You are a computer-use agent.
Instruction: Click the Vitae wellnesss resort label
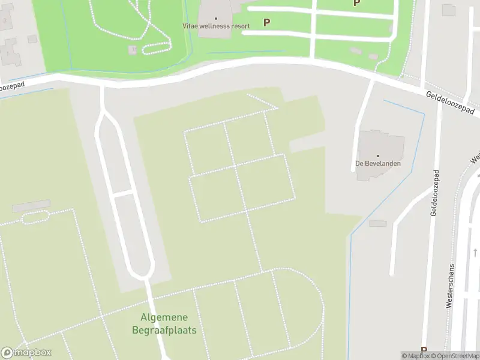coord(216,26)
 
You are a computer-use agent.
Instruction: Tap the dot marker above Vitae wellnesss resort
coord(216,19)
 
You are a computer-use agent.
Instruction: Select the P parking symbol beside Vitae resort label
coord(266,22)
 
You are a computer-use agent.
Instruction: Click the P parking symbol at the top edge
coord(356,3)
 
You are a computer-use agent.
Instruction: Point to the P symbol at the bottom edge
coord(424,351)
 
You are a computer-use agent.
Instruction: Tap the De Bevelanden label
coord(377,163)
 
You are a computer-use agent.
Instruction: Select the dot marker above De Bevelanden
coord(378,155)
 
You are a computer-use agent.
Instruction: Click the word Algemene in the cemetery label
coord(164,317)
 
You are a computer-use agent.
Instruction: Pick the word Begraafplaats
coord(164,330)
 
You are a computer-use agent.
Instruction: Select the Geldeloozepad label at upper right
coord(450,103)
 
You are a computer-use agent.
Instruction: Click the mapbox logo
coord(26,353)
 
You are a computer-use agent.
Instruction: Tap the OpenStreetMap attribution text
coord(456,356)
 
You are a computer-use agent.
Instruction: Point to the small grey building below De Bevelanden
coord(378,224)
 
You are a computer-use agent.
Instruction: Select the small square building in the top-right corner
coord(448,10)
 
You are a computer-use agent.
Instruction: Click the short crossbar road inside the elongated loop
coord(122,194)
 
